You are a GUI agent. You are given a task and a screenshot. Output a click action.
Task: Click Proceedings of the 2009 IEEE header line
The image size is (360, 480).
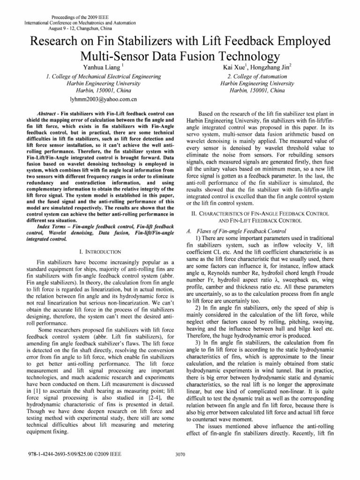(70, 16)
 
